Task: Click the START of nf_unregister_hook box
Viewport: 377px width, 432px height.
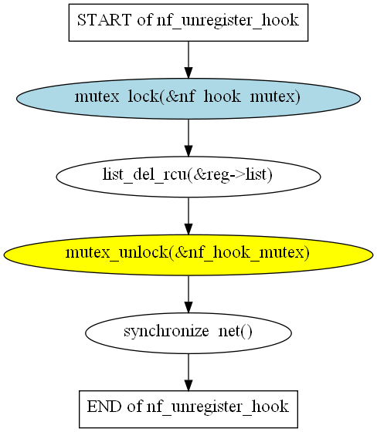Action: (188, 22)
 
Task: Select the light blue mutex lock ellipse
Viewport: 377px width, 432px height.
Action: (188, 99)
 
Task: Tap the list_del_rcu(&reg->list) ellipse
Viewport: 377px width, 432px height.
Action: (188, 177)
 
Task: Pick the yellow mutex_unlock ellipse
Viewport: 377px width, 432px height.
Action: (188, 255)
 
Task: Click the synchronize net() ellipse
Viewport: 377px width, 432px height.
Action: (188, 332)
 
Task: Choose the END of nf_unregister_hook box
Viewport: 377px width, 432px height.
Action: (188, 409)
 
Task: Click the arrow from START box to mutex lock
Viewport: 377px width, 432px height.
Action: (188, 60)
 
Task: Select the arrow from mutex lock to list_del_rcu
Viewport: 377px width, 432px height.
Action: (188, 138)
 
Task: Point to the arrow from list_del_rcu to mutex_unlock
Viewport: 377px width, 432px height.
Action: (188, 216)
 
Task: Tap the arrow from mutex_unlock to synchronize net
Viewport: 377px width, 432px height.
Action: (188, 294)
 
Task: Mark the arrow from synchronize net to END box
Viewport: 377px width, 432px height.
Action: (188, 372)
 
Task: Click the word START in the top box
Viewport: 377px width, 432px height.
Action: (104, 20)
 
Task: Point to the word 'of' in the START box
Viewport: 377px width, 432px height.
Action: (144, 20)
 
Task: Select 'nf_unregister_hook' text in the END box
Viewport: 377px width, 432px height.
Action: (218, 407)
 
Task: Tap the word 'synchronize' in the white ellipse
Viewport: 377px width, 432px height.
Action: (166, 332)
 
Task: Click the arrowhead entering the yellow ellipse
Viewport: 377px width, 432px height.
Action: (188, 229)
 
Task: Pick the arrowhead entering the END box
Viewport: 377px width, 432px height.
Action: (188, 385)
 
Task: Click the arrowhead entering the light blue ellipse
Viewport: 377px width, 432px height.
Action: (188, 73)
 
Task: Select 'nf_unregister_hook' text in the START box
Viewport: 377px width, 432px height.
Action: (228, 21)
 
